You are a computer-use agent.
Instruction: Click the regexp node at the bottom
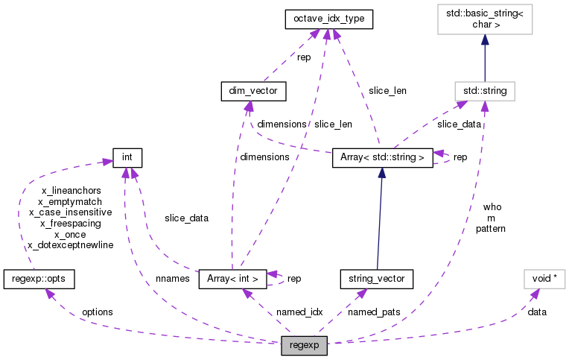click(304, 347)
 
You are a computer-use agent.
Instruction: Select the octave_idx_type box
click(328, 20)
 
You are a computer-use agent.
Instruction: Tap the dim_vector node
click(254, 91)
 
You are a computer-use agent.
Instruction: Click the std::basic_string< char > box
click(485, 19)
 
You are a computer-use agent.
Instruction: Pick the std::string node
click(485, 91)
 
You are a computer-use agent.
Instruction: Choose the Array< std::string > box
click(381, 157)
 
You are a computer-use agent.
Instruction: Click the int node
click(127, 157)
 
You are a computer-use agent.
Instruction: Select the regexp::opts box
click(39, 279)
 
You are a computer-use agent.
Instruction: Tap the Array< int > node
click(232, 279)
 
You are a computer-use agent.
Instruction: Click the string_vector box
click(376, 279)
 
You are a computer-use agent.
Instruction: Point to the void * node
click(544, 279)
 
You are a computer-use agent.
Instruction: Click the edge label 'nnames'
click(172, 279)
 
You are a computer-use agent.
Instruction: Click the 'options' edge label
click(97, 312)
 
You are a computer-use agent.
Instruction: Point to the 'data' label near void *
click(536, 312)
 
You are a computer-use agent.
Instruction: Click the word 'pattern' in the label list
click(491, 229)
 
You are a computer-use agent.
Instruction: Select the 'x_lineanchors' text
click(69, 191)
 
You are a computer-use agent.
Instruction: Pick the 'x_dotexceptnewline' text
click(69, 244)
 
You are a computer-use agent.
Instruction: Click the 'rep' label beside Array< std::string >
click(460, 157)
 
